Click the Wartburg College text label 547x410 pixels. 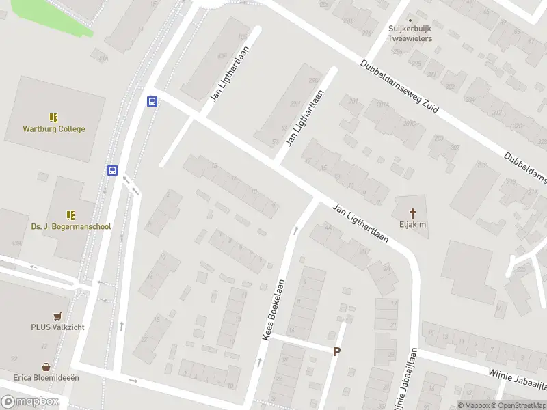[x=54, y=128]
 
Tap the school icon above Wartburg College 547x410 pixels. [x=54, y=118]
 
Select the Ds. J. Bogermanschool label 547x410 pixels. [x=71, y=226]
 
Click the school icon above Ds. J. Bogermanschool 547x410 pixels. [x=70, y=215]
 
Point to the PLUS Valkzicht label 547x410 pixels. [x=57, y=327]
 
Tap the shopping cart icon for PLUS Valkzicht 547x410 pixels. [x=57, y=316]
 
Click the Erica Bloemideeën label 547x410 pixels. [x=46, y=377]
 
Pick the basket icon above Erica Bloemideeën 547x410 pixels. [x=46, y=366]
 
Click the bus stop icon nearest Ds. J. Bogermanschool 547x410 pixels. [x=112, y=171]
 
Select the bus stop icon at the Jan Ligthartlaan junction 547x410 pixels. [x=152, y=102]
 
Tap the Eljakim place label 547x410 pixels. [x=412, y=223]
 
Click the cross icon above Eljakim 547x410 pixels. [x=412, y=212]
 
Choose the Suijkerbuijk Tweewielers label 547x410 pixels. [x=410, y=34]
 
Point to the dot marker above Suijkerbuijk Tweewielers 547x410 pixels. [x=410, y=20]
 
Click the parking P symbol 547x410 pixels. [x=336, y=351]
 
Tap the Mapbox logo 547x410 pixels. [x=29, y=402]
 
